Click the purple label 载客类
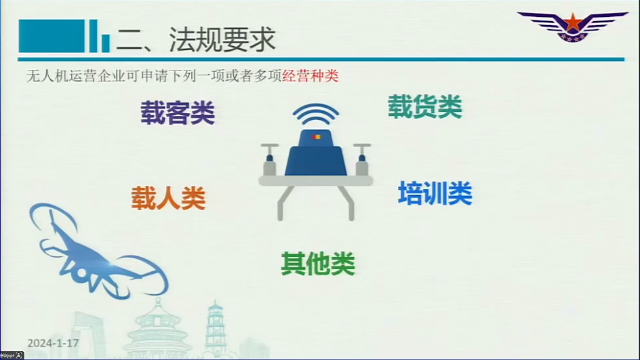coord(178,113)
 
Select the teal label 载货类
coord(425,106)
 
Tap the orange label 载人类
coord(168,198)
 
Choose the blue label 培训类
coord(435,193)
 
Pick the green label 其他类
coord(318,263)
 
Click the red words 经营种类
coord(311,76)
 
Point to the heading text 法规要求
coord(222,39)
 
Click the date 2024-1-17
coord(53,343)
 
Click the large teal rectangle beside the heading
coord(52,36)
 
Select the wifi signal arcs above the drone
coord(315,115)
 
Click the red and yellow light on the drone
coord(316,137)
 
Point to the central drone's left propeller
coord(269,159)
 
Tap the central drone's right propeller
coord(362,159)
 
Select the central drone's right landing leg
coord(346,202)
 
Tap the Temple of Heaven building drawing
coord(157,331)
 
